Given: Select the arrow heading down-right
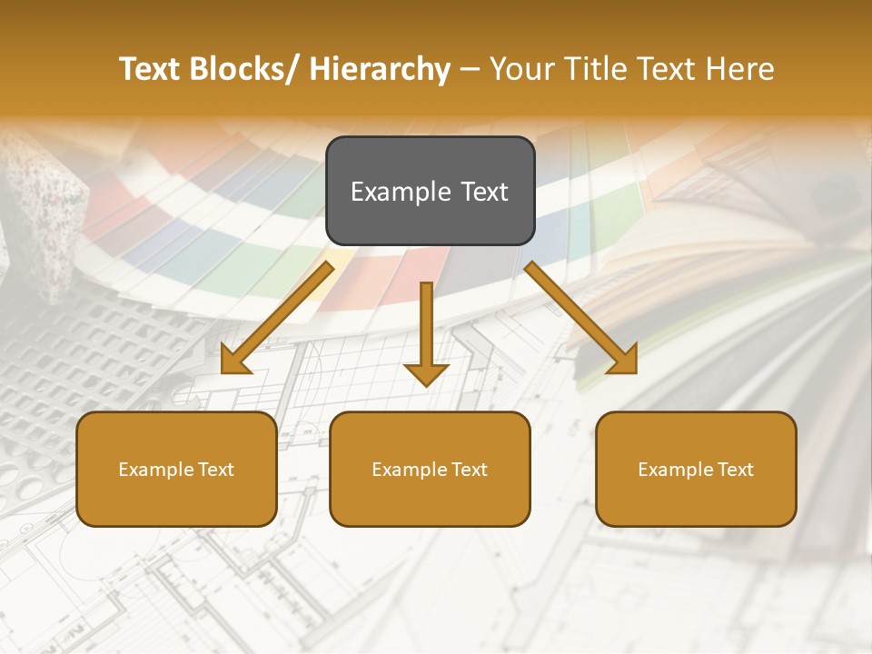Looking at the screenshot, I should click(581, 318).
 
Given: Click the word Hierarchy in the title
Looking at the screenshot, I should click(380, 69).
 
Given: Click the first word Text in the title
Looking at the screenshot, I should click(150, 69).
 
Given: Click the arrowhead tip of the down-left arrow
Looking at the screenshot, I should click(223, 372).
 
